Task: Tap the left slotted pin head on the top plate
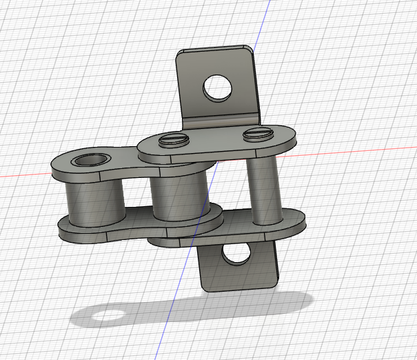pyautogui.click(x=173, y=140)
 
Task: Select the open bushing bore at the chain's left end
pyautogui.click(x=89, y=161)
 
